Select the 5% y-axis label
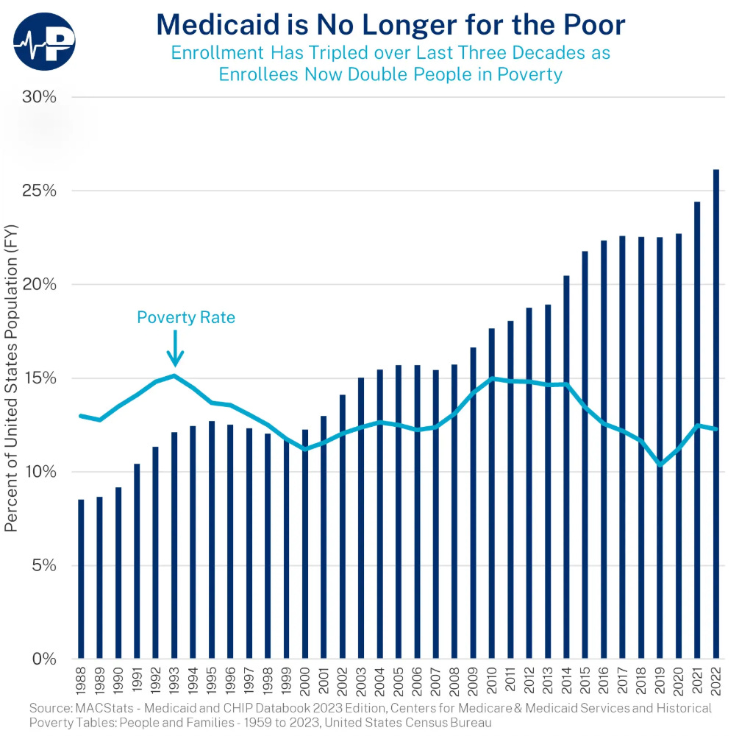[45, 565]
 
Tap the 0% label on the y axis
[45, 659]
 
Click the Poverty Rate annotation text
[185, 317]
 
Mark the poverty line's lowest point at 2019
[660, 464]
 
